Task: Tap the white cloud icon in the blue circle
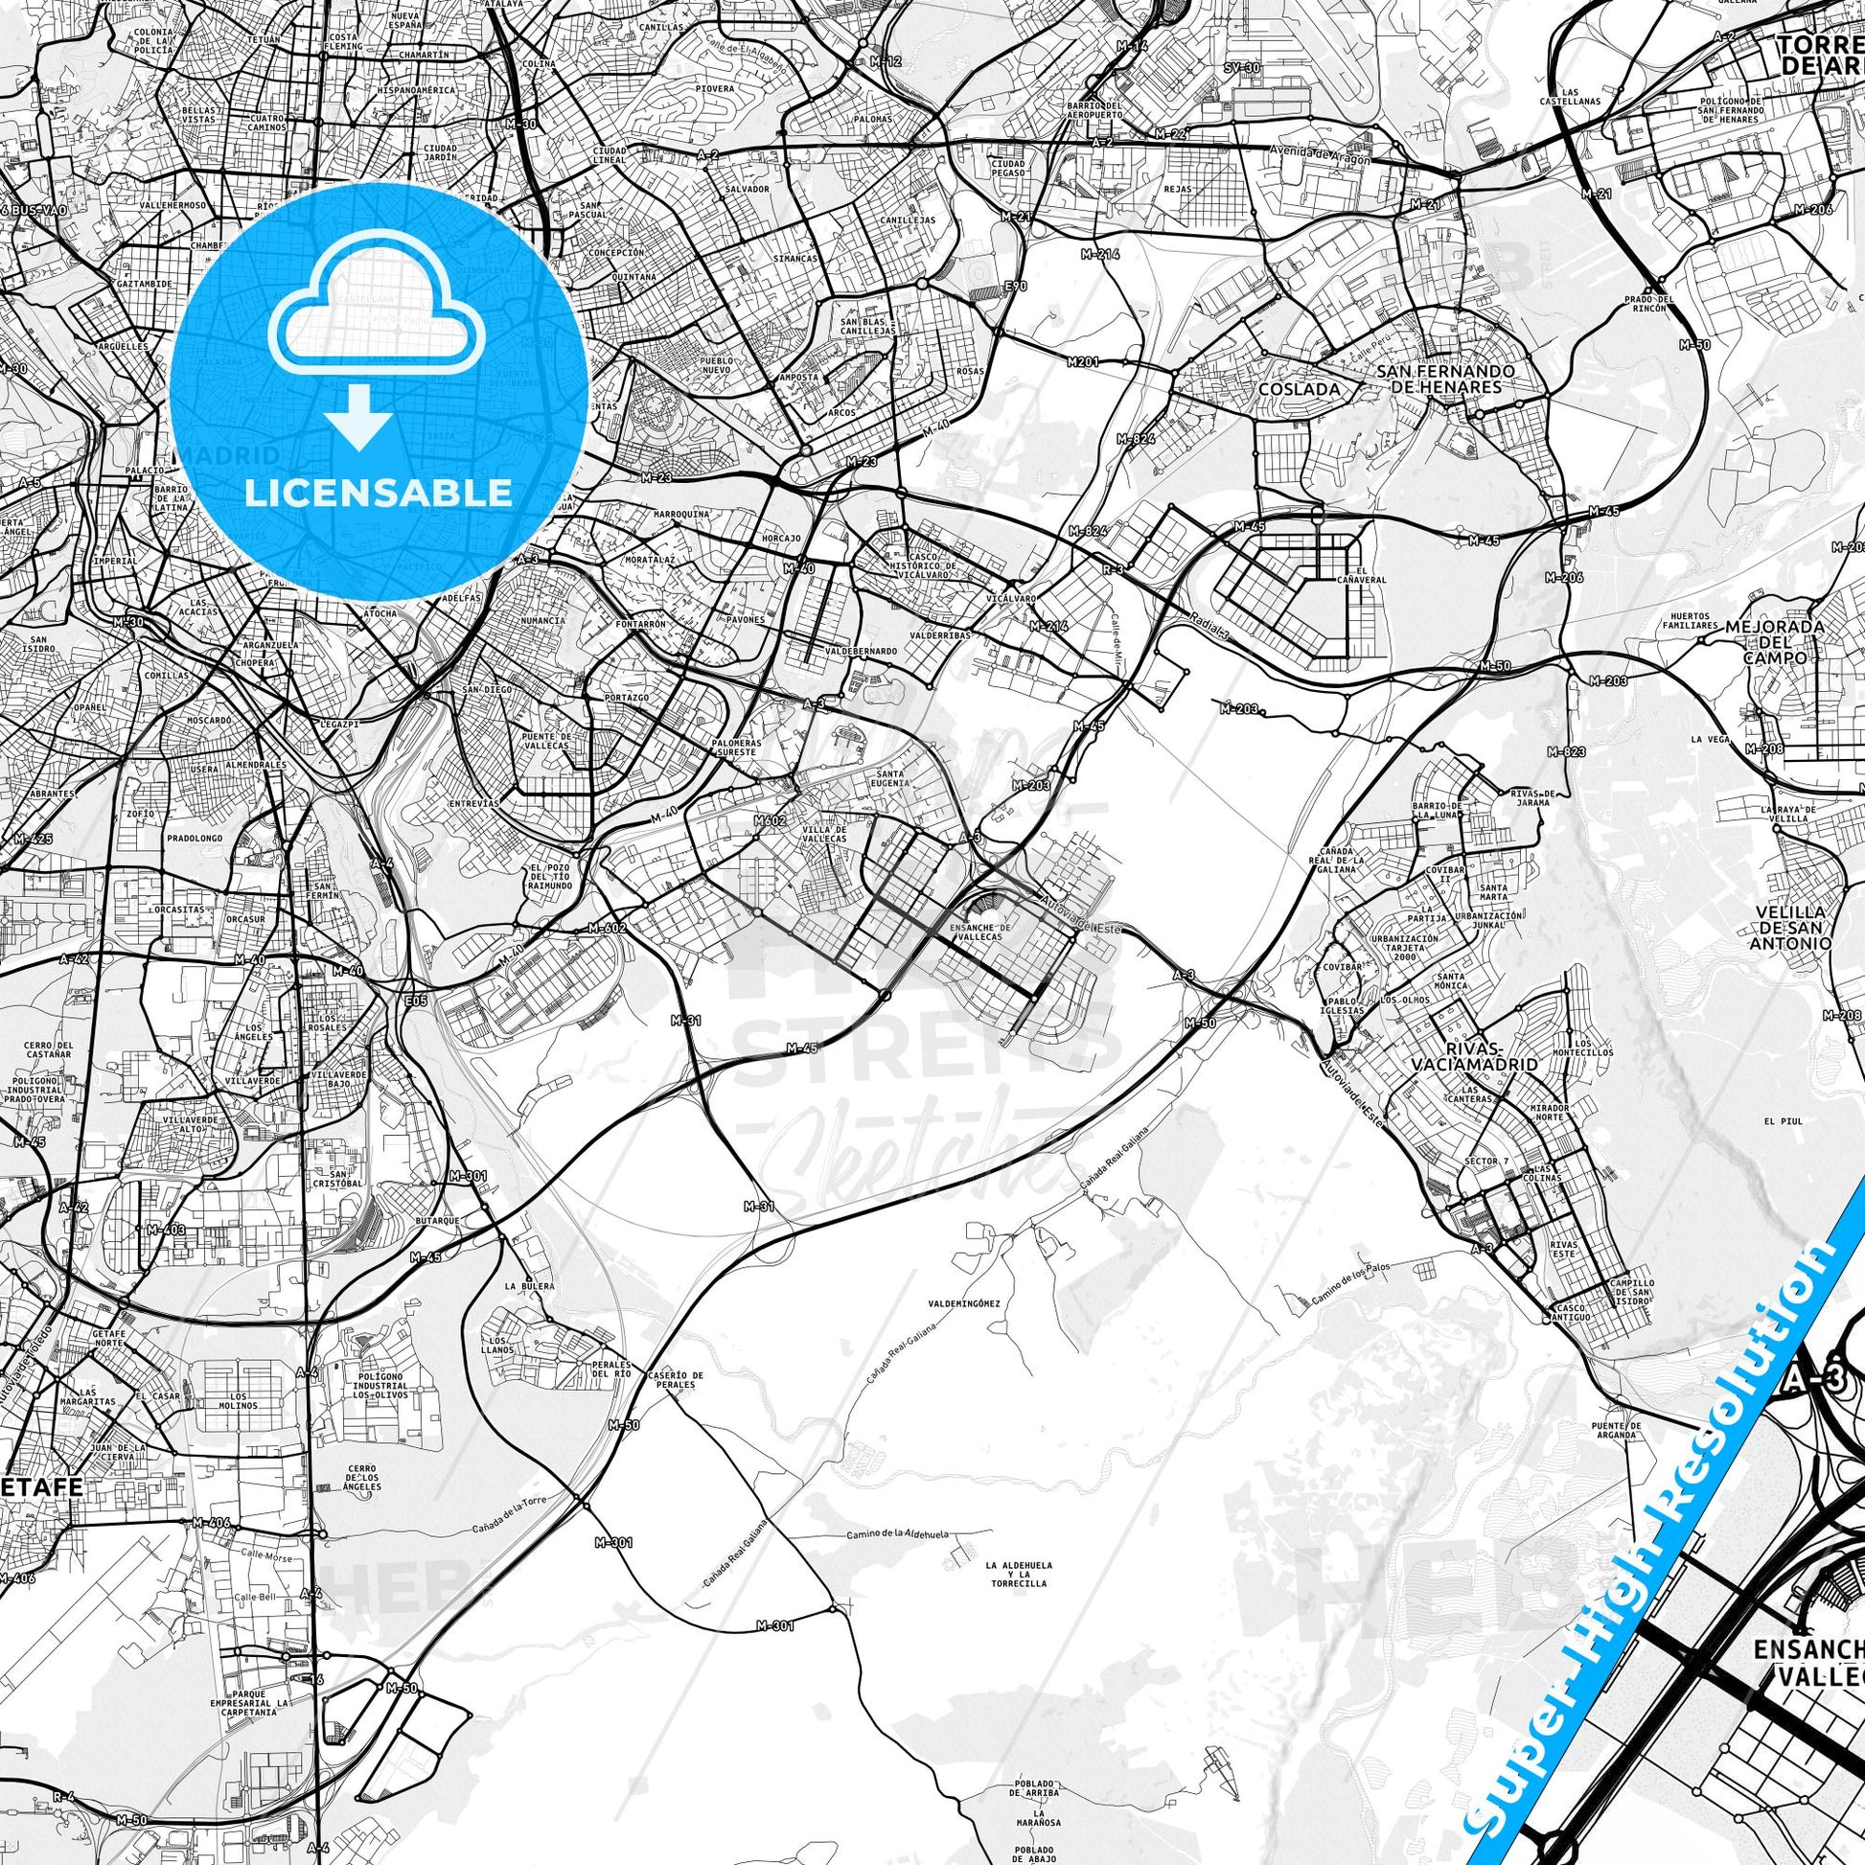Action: pyautogui.click(x=378, y=317)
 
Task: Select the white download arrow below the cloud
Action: pyautogui.click(x=358, y=416)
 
